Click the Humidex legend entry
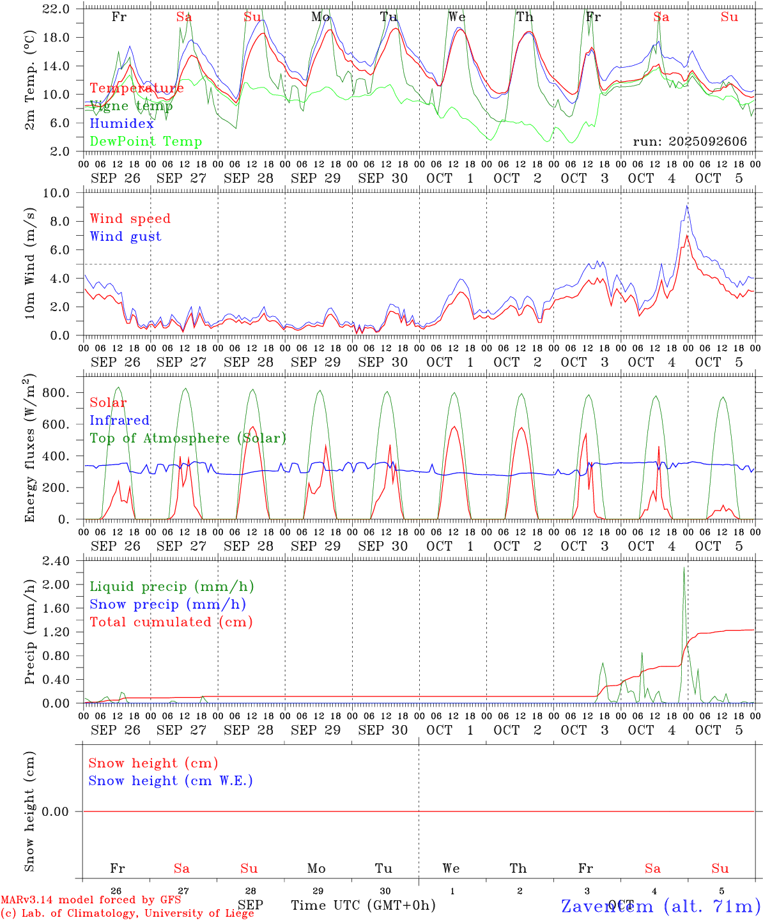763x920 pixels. [x=121, y=124]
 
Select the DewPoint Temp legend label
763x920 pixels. [x=146, y=142]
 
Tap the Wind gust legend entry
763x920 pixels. [x=125, y=236]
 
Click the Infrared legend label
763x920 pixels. [x=119, y=420]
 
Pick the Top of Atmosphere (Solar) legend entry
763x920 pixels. [x=187, y=438]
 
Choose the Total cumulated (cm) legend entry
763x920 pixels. [x=171, y=622]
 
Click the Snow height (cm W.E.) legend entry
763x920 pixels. [x=170, y=781]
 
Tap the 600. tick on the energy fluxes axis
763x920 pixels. [x=57, y=424]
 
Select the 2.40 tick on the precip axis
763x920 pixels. [x=57, y=561]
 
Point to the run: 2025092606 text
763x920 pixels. [x=690, y=142]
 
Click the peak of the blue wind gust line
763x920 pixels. [x=687, y=206]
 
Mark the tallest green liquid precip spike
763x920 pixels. [x=684, y=567]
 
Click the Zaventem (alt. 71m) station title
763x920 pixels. [x=660, y=906]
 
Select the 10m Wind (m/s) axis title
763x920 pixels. [x=30, y=263]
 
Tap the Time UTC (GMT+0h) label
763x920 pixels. [x=363, y=905]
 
